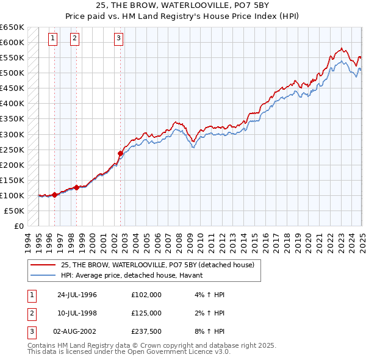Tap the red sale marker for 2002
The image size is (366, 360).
pyautogui.click(x=120, y=153)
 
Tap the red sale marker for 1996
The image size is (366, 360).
pyautogui.click(x=55, y=195)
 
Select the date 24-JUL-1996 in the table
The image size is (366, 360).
pyautogui.click(x=77, y=295)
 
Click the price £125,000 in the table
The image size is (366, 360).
pyautogui.click(x=146, y=313)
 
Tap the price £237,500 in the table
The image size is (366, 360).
pyautogui.click(x=146, y=331)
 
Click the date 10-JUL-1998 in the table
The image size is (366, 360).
pyautogui.click(x=77, y=313)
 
